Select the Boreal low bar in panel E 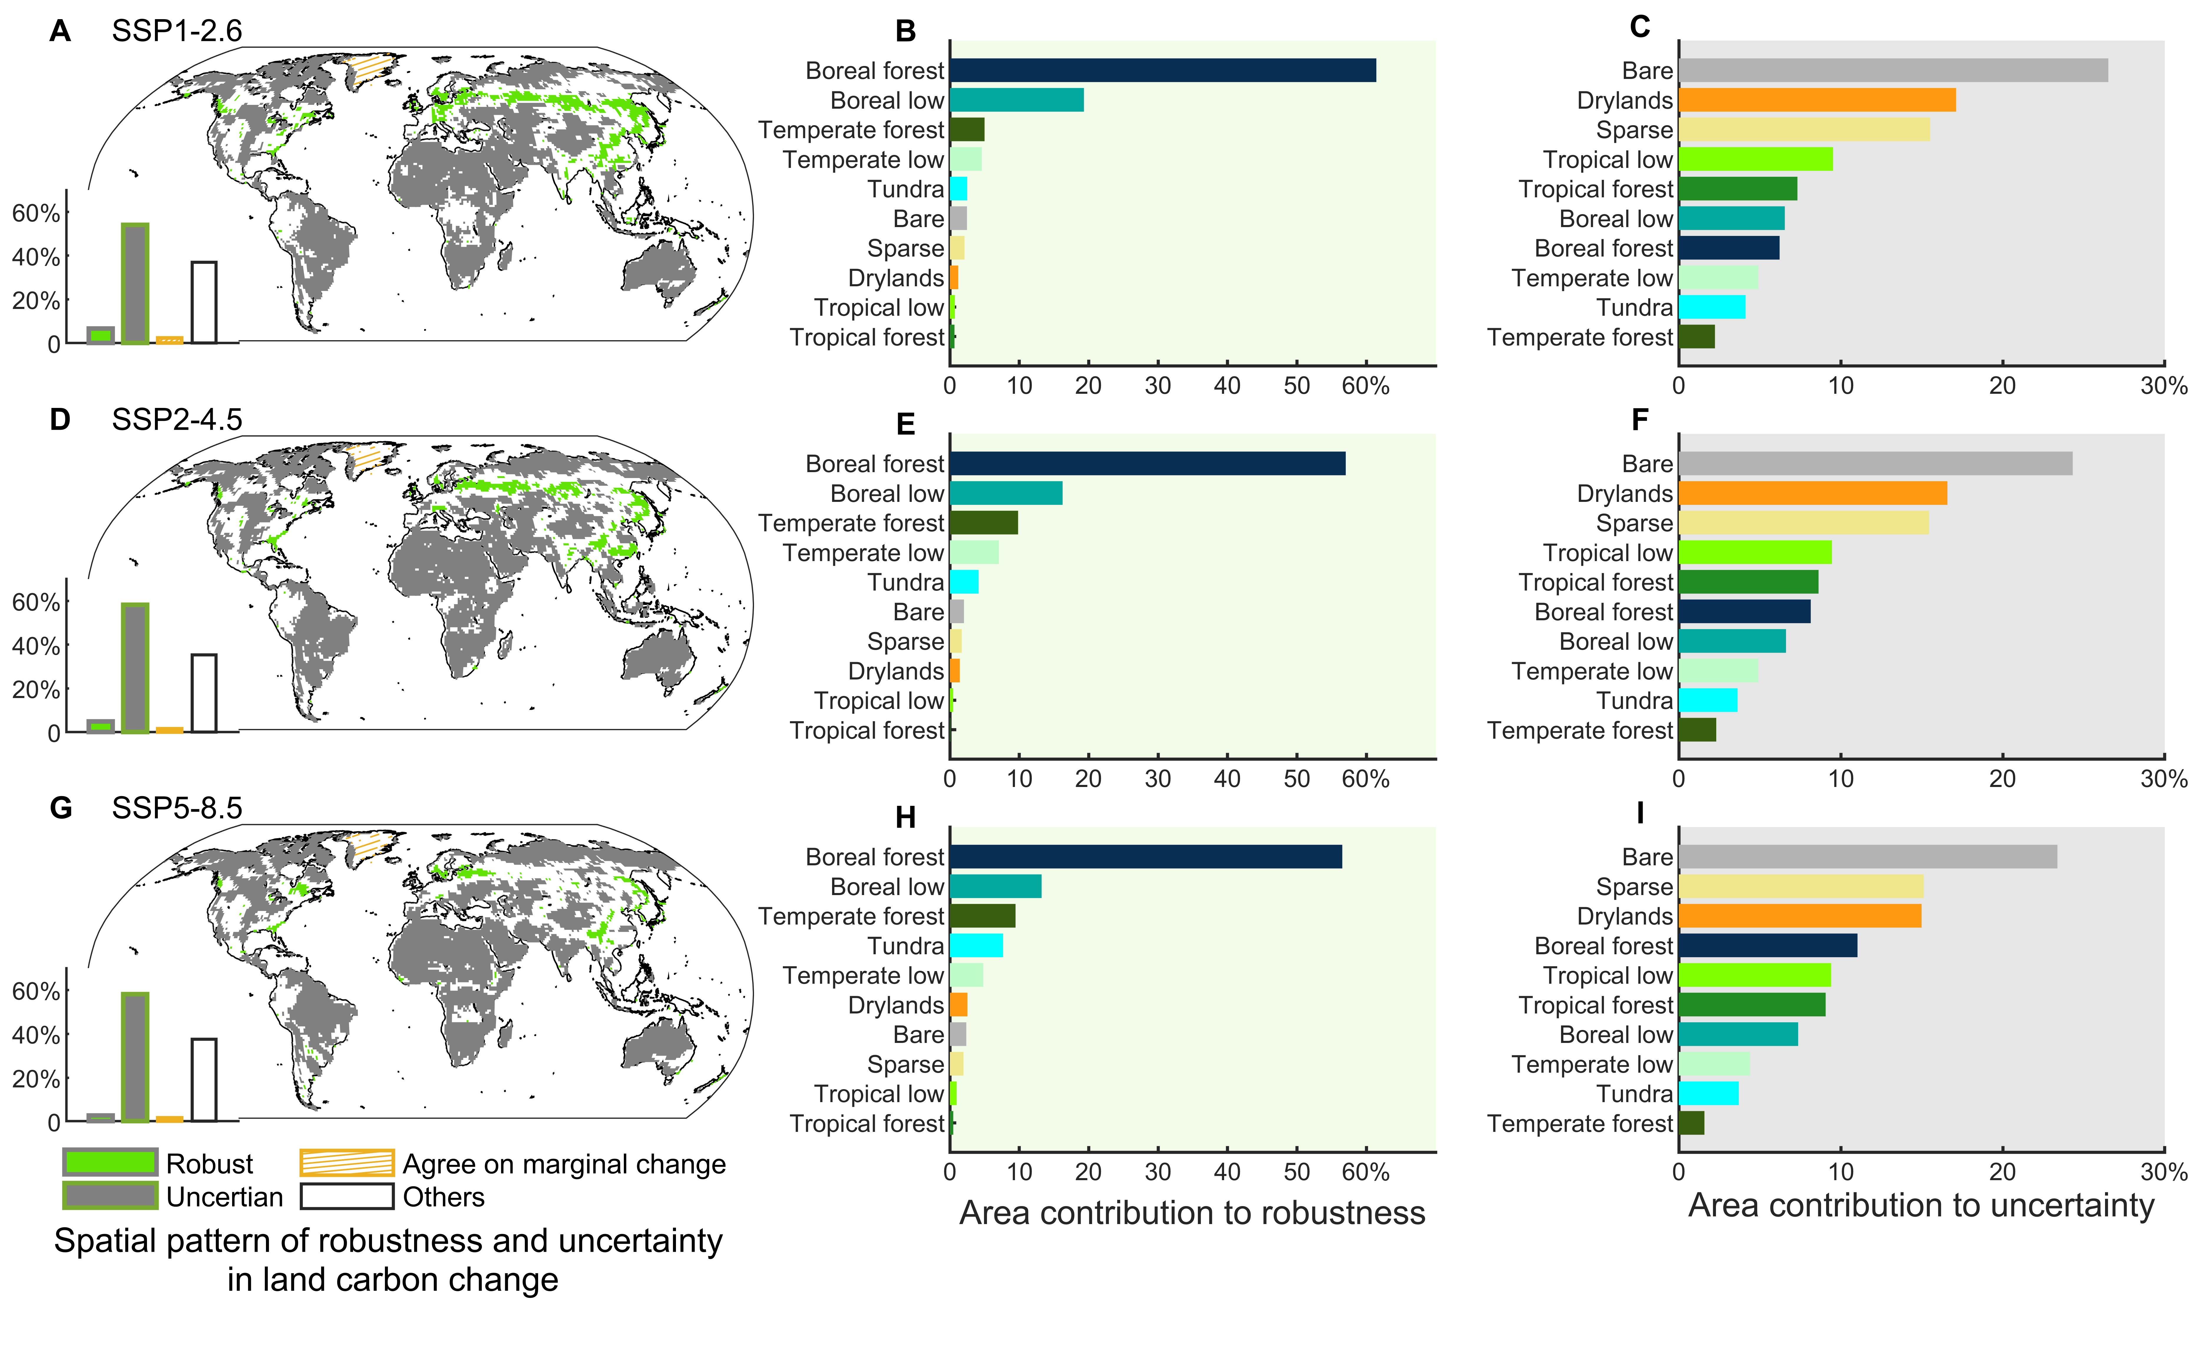click(1006, 493)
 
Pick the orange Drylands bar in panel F click(1812, 493)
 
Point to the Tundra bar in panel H click(976, 945)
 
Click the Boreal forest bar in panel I click(1767, 945)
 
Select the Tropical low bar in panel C click(1755, 160)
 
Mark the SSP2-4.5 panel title click(177, 420)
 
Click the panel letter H click(905, 817)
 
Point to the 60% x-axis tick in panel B click(1365, 386)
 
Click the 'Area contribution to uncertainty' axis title click(1920, 1205)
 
